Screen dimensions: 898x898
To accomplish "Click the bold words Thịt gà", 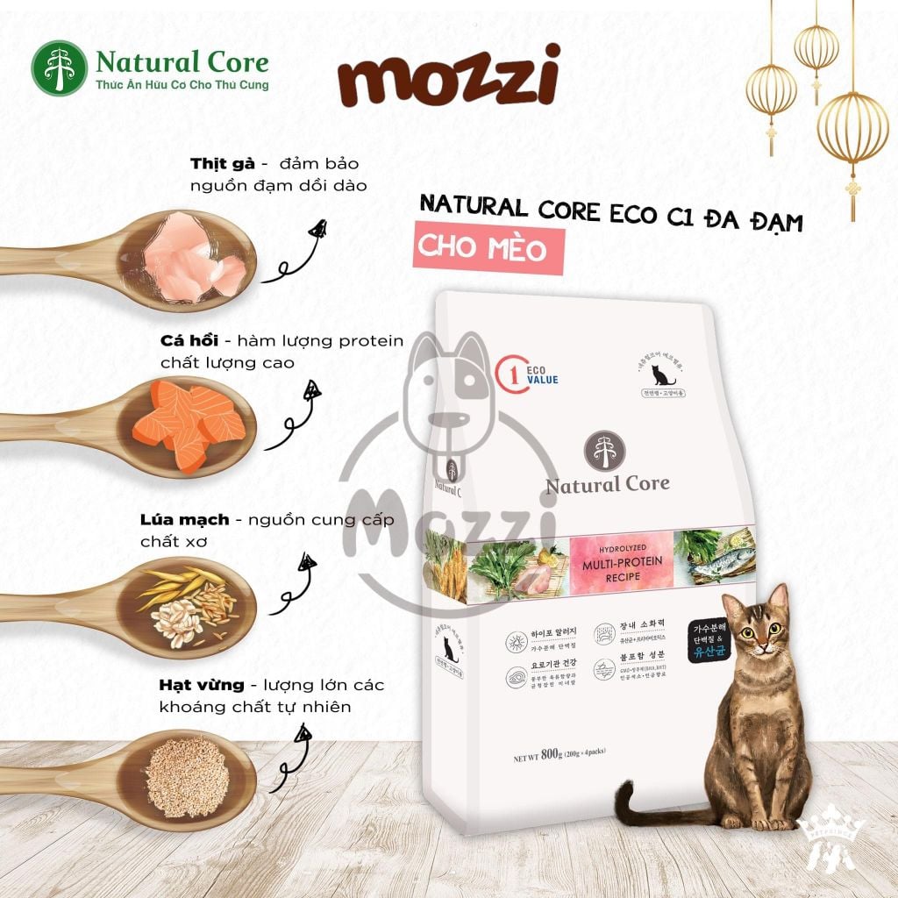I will [222, 163].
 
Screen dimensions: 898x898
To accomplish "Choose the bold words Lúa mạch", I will [184, 519].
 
